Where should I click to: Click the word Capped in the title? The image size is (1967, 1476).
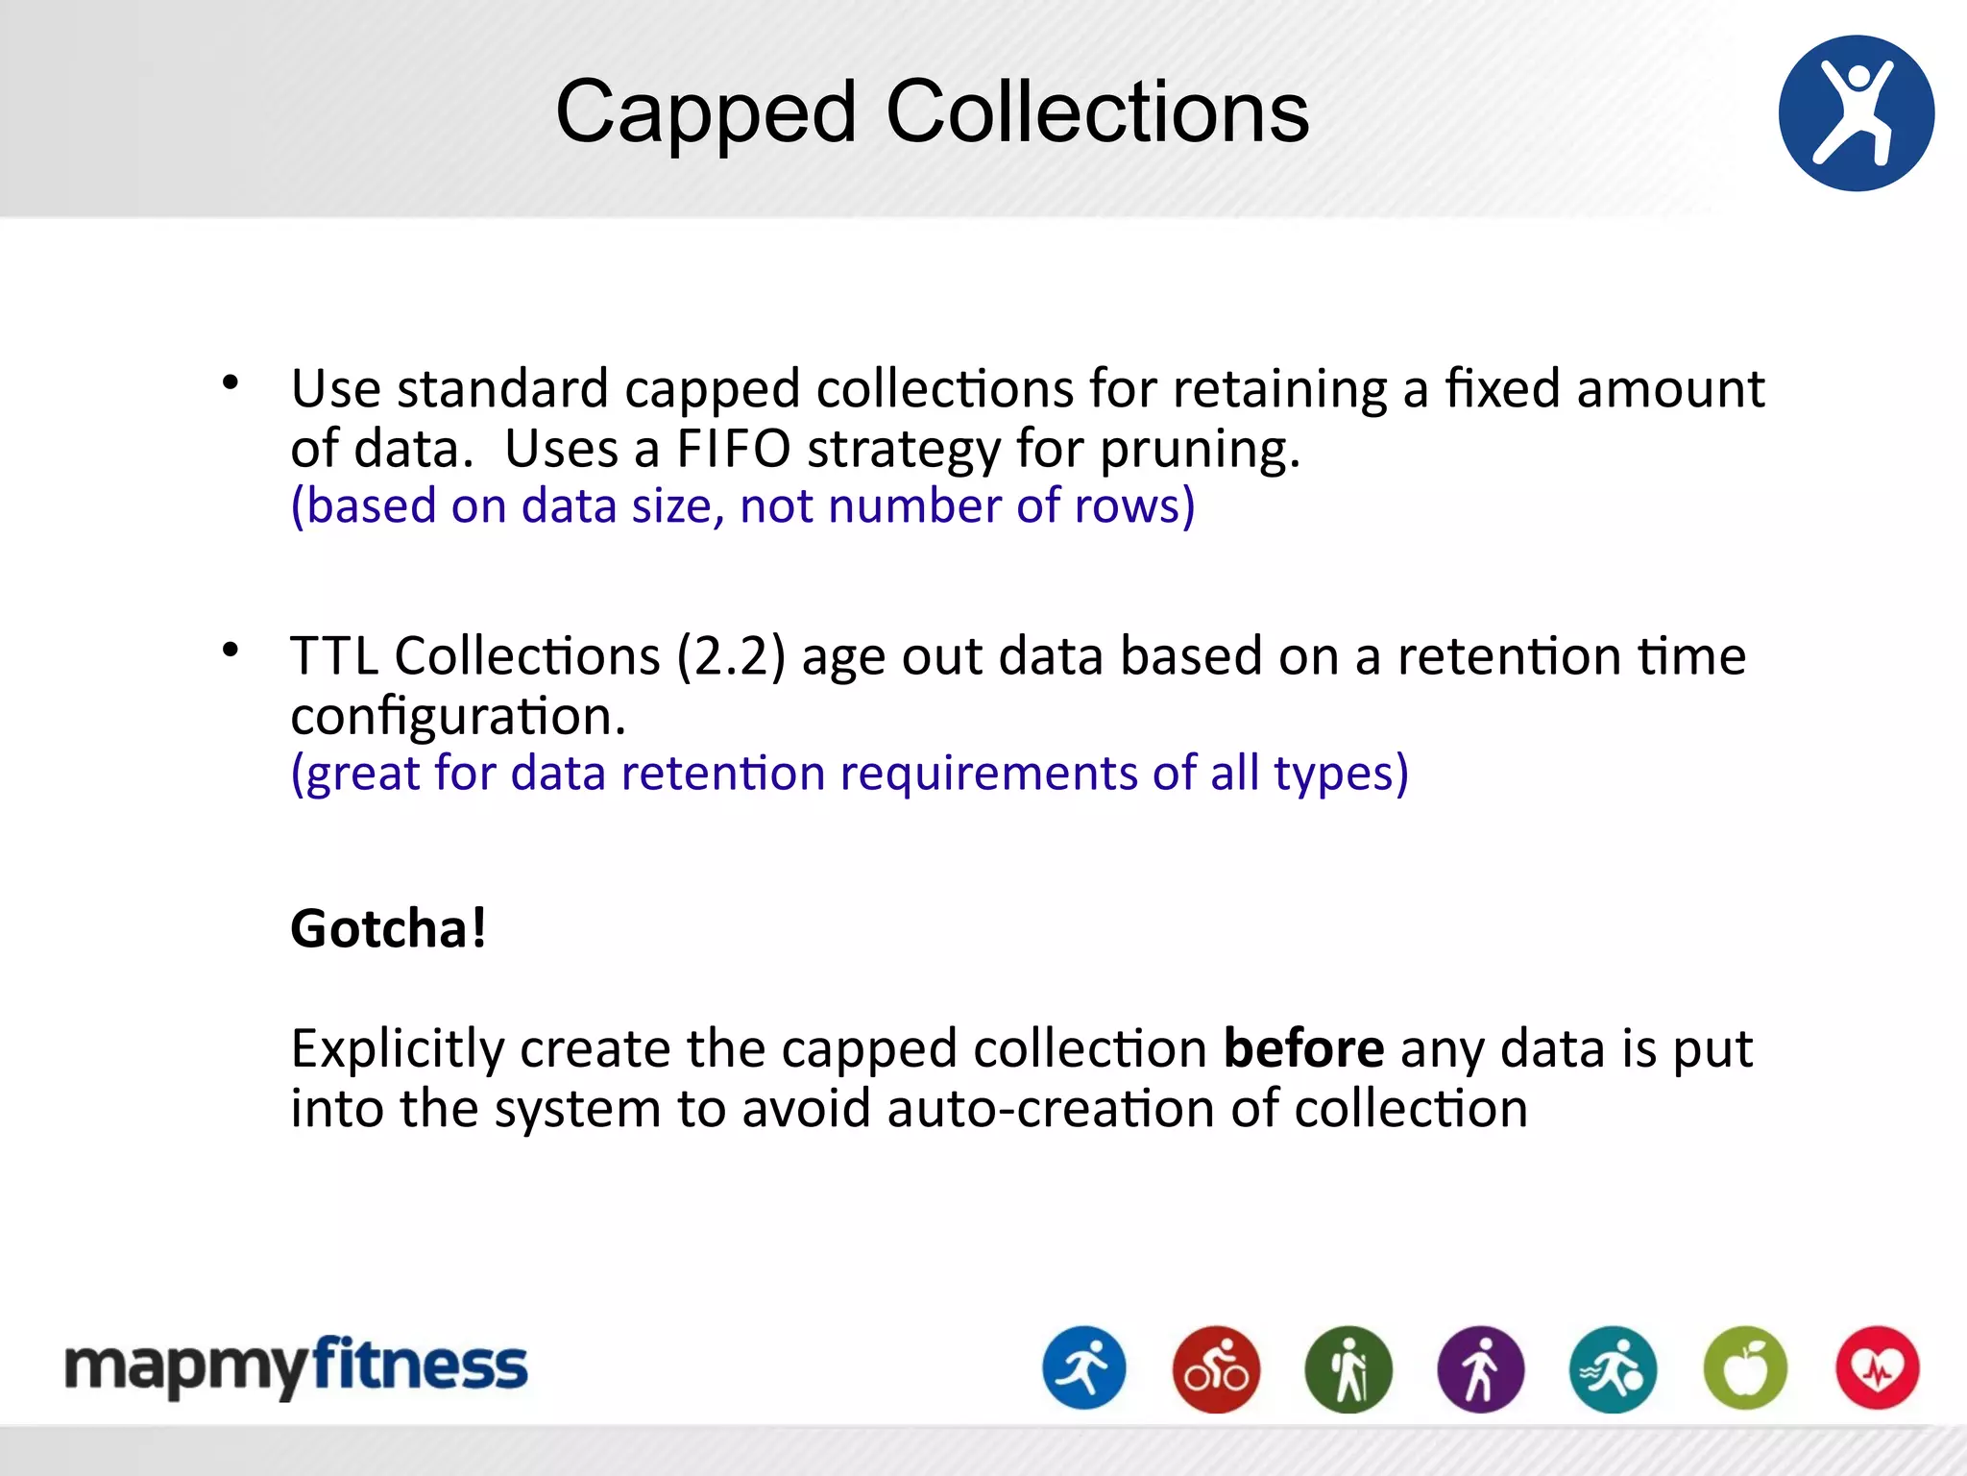click(706, 113)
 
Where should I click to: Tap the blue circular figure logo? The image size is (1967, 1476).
click(1856, 113)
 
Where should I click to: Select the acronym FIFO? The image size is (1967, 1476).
click(733, 449)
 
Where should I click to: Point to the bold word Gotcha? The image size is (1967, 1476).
click(389, 928)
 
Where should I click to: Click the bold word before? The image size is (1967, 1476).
click(1303, 1048)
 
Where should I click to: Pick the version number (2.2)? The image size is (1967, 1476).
click(731, 657)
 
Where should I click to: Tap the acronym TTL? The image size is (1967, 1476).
click(334, 657)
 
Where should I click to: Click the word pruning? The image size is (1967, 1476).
click(1200, 451)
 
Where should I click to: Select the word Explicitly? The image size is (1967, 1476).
click(397, 1049)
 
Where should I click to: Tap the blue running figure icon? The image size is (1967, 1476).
click(1084, 1368)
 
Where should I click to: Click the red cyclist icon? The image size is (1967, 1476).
click(1216, 1368)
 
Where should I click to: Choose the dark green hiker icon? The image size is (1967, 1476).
click(1348, 1368)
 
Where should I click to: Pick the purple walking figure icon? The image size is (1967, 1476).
click(1480, 1368)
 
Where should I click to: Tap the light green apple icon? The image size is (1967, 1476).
click(1745, 1368)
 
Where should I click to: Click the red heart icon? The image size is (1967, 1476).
click(1877, 1368)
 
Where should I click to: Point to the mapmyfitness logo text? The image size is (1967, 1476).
click(296, 1366)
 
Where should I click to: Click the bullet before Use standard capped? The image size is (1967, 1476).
click(231, 383)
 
